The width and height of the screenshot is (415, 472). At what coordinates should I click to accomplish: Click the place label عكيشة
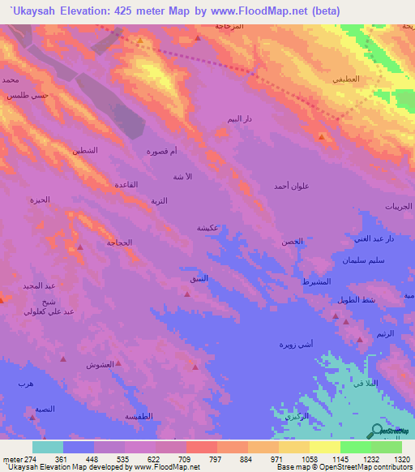coord(206,228)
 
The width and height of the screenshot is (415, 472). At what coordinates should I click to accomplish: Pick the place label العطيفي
coord(345,80)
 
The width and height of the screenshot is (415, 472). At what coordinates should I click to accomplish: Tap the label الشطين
coord(85,151)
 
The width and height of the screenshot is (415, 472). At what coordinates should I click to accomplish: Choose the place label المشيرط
coord(315,281)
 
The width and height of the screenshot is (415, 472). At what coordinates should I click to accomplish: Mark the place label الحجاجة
coord(119,242)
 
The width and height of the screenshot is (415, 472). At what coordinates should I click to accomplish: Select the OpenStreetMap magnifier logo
coord(379,431)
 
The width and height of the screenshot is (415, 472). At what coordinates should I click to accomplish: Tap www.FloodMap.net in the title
coord(263,11)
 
